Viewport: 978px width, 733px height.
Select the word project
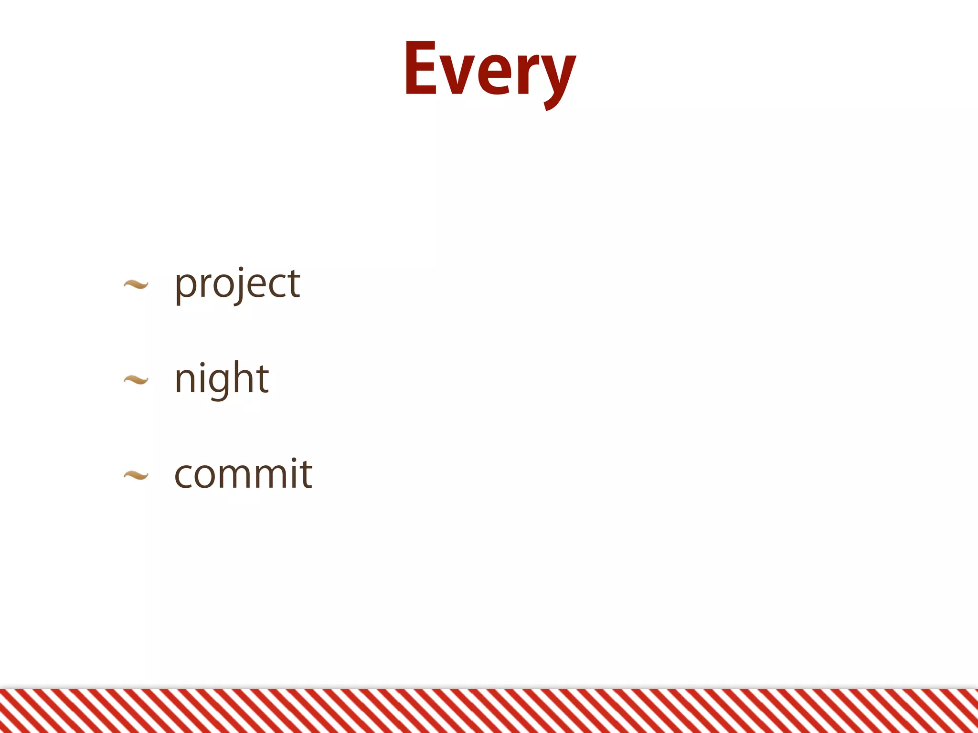[x=237, y=284]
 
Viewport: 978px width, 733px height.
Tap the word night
[x=222, y=379]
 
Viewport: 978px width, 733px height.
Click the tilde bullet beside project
[x=136, y=285]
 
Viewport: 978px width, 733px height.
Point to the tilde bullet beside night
[x=136, y=380]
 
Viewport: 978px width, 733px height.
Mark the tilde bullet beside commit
[x=136, y=475]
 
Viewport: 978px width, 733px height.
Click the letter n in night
[x=186, y=380]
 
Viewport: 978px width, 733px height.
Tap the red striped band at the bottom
[x=489, y=711]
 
